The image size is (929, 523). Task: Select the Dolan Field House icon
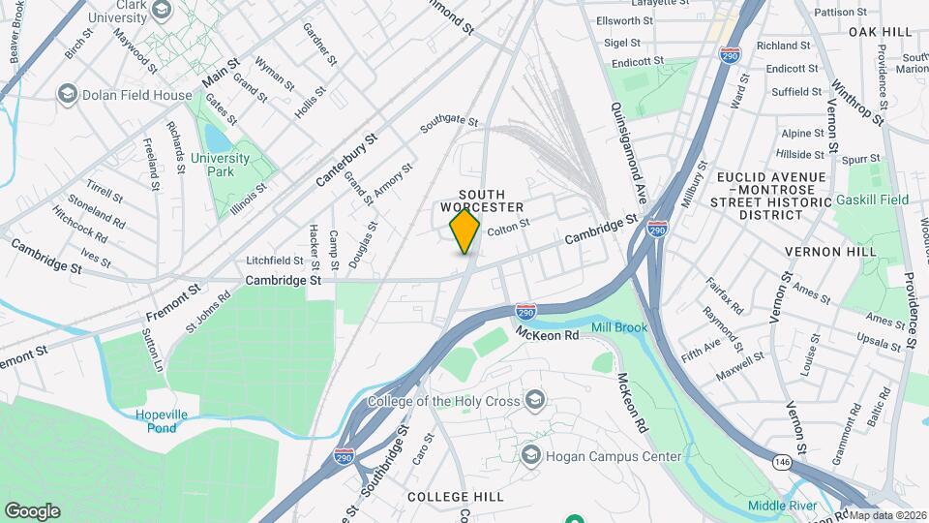[x=67, y=94]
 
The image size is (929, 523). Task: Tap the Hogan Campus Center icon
[x=529, y=455]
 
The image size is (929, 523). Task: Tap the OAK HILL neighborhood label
[x=881, y=32]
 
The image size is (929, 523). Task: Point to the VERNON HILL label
[x=830, y=252]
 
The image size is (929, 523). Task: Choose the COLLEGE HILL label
[x=455, y=497]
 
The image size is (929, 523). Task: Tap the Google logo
[x=32, y=510]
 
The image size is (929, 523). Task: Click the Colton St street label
[x=509, y=229]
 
